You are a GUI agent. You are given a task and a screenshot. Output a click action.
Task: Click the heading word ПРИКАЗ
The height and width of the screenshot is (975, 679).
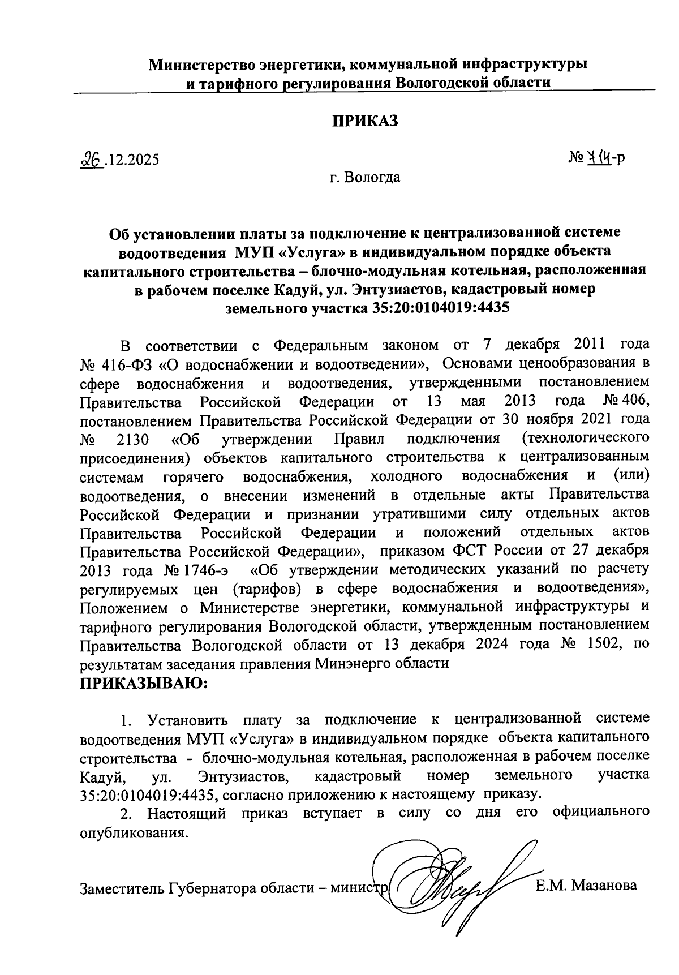(365, 121)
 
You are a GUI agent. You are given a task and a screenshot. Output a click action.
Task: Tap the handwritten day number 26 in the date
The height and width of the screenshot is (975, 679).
(91, 160)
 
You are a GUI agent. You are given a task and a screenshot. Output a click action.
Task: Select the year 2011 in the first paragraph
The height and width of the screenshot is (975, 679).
(594, 345)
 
